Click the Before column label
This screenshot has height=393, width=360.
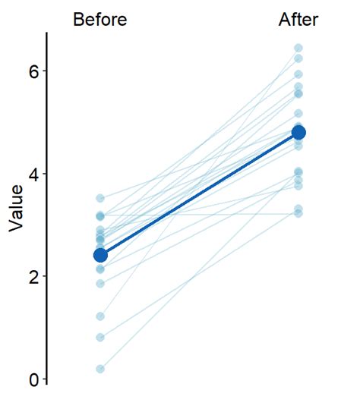pyautogui.click(x=99, y=20)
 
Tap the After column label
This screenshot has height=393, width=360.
pyautogui.click(x=298, y=20)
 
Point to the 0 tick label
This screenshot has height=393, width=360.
pyautogui.click(x=33, y=379)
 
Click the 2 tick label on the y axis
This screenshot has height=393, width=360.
pyautogui.click(x=33, y=276)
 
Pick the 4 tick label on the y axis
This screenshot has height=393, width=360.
pyautogui.click(x=33, y=174)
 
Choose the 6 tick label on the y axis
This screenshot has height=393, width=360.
pyautogui.click(x=33, y=71)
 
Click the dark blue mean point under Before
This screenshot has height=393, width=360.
pyautogui.click(x=100, y=255)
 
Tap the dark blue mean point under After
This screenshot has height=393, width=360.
pyautogui.click(x=298, y=133)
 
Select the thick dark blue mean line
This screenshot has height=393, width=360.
pyautogui.click(x=199, y=194)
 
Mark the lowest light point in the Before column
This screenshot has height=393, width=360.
pyautogui.click(x=100, y=369)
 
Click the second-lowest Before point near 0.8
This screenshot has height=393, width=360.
pyautogui.click(x=100, y=337)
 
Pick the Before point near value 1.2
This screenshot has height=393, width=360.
pyautogui.click(x=100, y=316)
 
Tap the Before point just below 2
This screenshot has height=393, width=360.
pyautogui.click(x=100, y=284)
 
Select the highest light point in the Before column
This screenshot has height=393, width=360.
pyautogui.click(x=100, y=198)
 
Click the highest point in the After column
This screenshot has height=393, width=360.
pyautogui.click(x=298, y=49)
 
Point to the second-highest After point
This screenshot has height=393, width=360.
pyautogui.click(x=298, y=58)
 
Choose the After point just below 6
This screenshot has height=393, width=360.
pyautogui.click(x=298, y=74)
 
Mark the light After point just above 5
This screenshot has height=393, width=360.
pyautogui.click(x=298, y=114)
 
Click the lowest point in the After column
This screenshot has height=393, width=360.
pyautogui.click(x=298, y=213)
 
